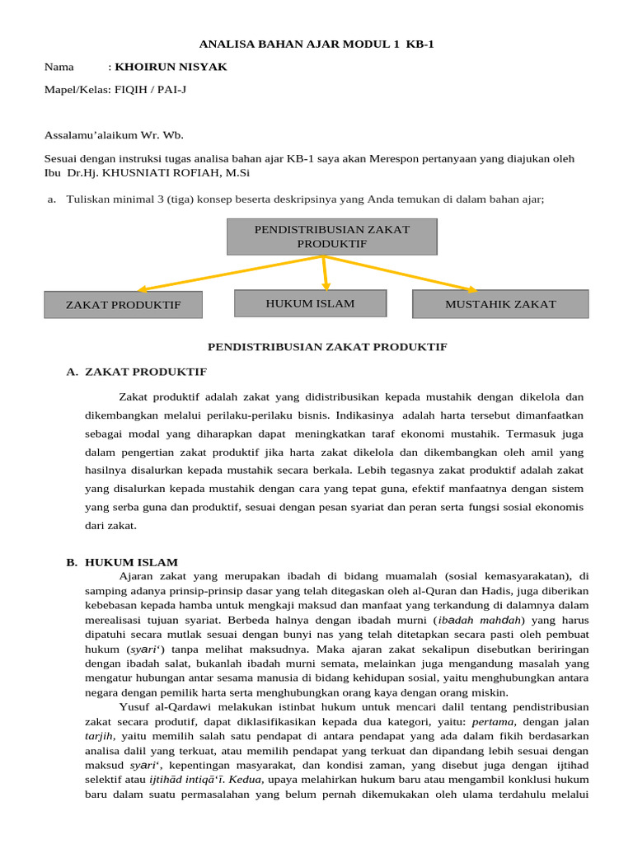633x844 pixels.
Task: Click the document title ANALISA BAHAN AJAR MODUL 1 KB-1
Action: [x=316, y=45]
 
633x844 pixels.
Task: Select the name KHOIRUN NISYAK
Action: [x=171, y=67]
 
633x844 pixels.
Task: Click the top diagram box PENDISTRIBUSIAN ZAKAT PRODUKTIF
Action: [x=331, y=237]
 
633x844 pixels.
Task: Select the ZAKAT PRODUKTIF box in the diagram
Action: [x=123, y=305]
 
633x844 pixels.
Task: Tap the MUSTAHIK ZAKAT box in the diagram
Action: [x=500, y=304]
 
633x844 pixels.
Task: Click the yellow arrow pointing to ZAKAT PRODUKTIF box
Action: [x=223, y=274]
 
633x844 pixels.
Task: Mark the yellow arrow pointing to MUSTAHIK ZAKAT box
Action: [x=404, y=273]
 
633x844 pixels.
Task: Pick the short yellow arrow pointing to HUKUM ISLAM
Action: [x=326, y=272]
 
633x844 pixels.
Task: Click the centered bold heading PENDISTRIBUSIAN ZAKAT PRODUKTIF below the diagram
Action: [x=327, y=347]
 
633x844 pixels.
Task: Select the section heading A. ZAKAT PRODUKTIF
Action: [x=136, y=372]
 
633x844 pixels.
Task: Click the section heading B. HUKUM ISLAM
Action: [x=122, y=562]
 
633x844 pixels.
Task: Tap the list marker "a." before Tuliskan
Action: [x=52, y=199]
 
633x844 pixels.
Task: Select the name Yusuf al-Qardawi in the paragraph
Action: [x=159, y=707]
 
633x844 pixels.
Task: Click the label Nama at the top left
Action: [x=59, y=67]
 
